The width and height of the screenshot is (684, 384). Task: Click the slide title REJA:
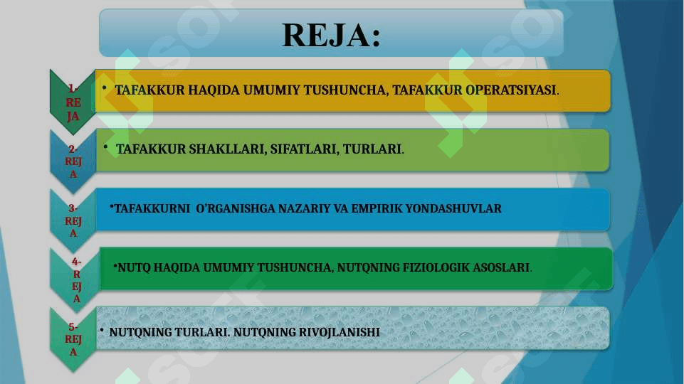tap(332, 35)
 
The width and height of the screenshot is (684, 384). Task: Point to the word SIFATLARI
tap(303, 149)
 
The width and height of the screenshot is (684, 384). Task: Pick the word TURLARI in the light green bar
tap(372, 149)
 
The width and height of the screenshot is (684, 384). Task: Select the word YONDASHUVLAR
tap(453, 208)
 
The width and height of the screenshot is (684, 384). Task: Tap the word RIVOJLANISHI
tap(339, 332)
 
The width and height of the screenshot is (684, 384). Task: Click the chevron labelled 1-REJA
tap(73, 102)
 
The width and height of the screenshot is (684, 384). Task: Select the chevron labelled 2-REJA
tap(73, 161)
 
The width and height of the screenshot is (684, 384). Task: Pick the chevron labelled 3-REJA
tap(73, 220)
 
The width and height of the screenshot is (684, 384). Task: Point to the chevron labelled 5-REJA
tap(73, 339)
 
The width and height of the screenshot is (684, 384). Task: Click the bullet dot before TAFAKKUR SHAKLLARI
tap(105, 147)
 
